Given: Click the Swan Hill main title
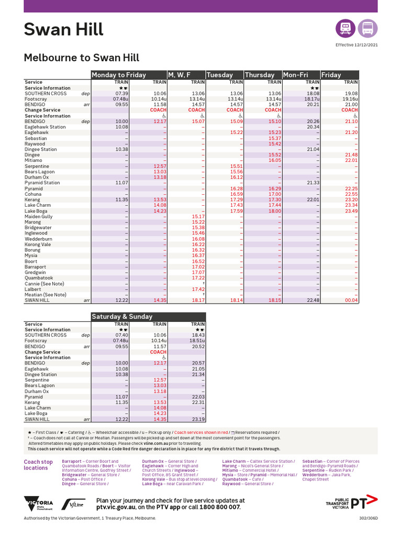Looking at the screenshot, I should click(x=63, y=29).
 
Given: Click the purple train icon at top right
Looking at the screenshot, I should click(x=345, y=28).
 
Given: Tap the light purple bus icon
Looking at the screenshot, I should click(x=368, y=28).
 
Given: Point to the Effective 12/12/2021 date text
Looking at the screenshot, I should click(x=356, y=45).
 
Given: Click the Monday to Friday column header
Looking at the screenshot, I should click(x=119, y=75).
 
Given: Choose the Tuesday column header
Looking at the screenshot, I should click(x=220, y=75).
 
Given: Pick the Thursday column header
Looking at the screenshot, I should click(x=260, y=75).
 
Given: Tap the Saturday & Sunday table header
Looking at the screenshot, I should click(x=122, y=317).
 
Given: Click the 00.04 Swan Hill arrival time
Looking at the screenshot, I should click(x=351, y=300).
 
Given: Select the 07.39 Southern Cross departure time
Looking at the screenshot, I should click(x=121, y=94).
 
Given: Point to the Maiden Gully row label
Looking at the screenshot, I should click(x=39, y=217).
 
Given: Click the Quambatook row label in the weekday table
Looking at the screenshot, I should click(x=39, y=278).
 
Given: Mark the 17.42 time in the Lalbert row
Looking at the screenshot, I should click(x=198, y=289).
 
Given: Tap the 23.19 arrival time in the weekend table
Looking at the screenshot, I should click(x=198, y=419).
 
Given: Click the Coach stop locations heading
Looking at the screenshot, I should click(x=38, y=465).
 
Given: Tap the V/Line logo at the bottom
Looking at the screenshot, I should click(x=73, y=504).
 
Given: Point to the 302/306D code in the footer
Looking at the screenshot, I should click(x=368, y=518).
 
